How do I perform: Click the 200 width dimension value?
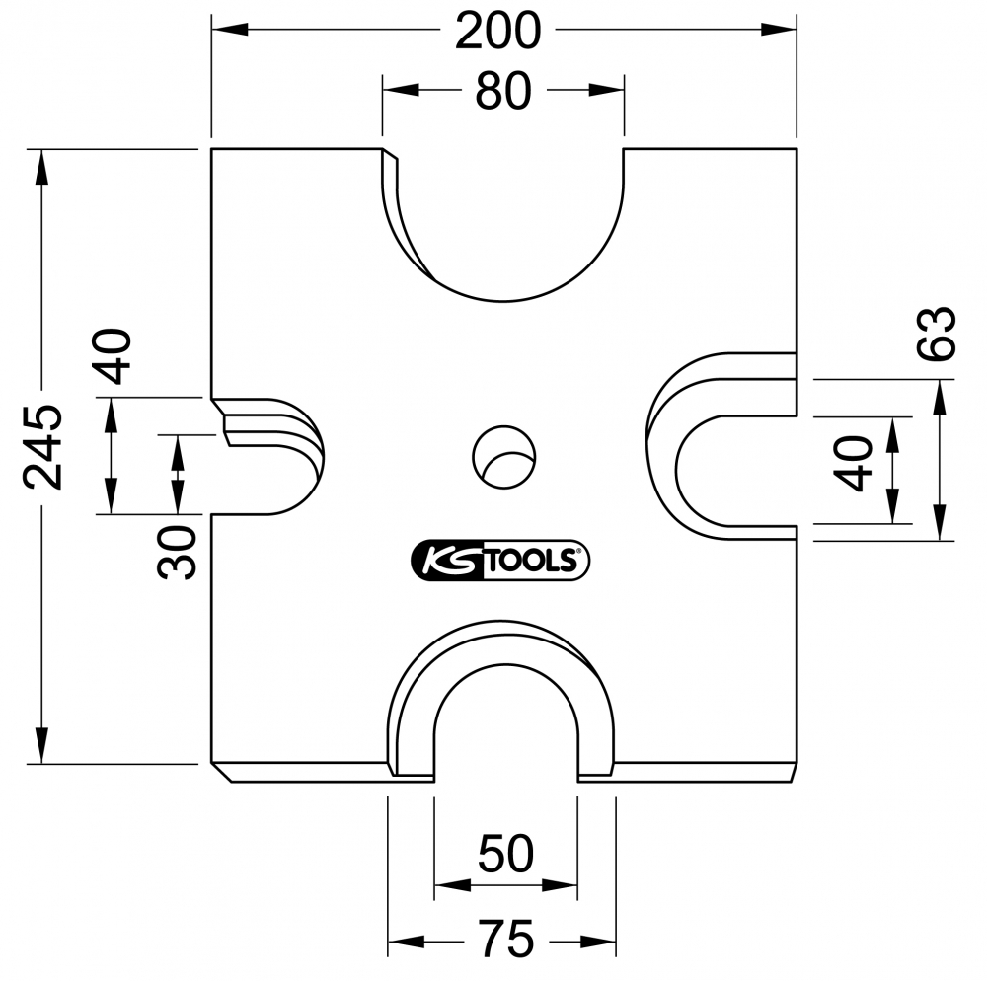coord(497,31)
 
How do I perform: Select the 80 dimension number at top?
coord(503,91)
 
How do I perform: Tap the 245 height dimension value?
coord(43,447)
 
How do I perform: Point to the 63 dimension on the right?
coord(937,334)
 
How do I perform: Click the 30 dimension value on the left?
coord(177,552)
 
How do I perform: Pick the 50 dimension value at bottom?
coord(505,854)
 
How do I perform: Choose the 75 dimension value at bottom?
coord(505,939)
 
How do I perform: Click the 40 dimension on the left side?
coord(112,356)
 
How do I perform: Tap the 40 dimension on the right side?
coord(853,464)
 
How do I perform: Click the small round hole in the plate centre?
coord(503,457)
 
